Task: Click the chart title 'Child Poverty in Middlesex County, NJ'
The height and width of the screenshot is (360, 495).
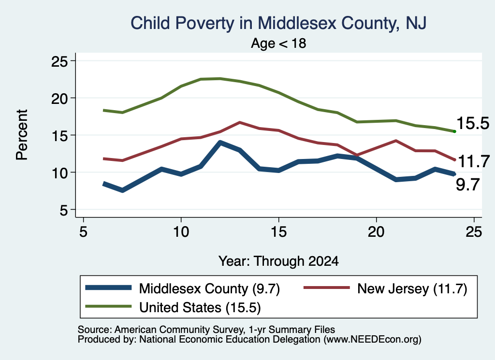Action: coord(278,23)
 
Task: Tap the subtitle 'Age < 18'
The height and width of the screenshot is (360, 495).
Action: coord(278,43)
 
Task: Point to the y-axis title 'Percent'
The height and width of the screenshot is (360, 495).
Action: coord(22,135)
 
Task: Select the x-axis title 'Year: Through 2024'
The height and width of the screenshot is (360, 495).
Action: coord(278,261)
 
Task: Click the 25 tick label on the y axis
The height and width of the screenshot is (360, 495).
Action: coord(59,61)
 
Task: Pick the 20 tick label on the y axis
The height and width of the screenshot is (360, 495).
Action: coord(59,99)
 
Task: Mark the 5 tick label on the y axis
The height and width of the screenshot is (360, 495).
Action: coord(63,210)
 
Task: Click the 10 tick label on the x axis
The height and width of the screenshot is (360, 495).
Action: coord(181,232)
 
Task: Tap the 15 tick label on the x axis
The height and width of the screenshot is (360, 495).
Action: coord(278,232)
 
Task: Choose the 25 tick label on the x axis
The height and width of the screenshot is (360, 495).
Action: coord(474,232)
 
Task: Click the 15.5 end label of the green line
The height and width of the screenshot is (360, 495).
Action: coord(473,123)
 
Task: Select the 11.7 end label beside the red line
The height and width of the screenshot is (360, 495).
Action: coord(473,161)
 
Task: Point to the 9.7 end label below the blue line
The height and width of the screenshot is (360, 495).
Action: coord(467,185)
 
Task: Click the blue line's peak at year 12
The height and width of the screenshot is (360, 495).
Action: coord(220,143)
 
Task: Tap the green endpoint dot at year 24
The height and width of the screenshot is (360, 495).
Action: coord(454,131)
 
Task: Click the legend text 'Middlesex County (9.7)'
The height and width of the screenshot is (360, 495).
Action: coord(209,288)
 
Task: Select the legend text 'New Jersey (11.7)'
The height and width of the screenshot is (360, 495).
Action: coord(412,288)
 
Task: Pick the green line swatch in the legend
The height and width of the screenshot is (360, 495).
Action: coord(108,306)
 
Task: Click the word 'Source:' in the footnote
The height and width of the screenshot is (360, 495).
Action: coord(95,330)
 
